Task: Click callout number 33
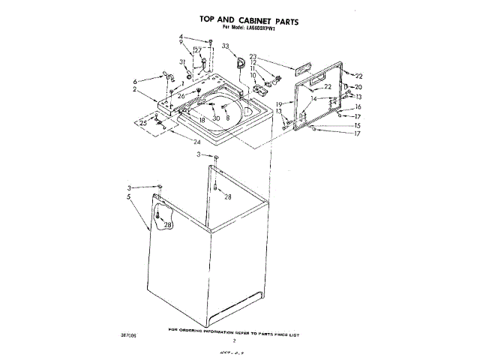click(x=225, y=46)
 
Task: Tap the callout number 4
click(x=181, y=37)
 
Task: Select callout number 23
click(x=253, y=56)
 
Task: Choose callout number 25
click(x=142, y=122)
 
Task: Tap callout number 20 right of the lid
click(x=358, y=87)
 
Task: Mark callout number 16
click(x=358, y=107)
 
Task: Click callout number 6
click(x=135, y=81)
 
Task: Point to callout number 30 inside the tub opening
click(x=216, y=118)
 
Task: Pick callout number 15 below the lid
click(x=358, y=126)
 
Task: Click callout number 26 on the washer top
click(x=181, y=96)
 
